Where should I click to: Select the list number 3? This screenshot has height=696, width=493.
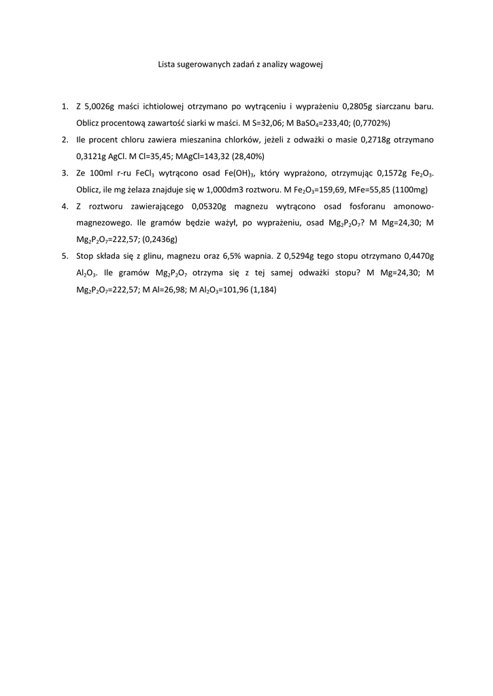65,173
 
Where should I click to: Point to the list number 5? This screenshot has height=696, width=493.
65,256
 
